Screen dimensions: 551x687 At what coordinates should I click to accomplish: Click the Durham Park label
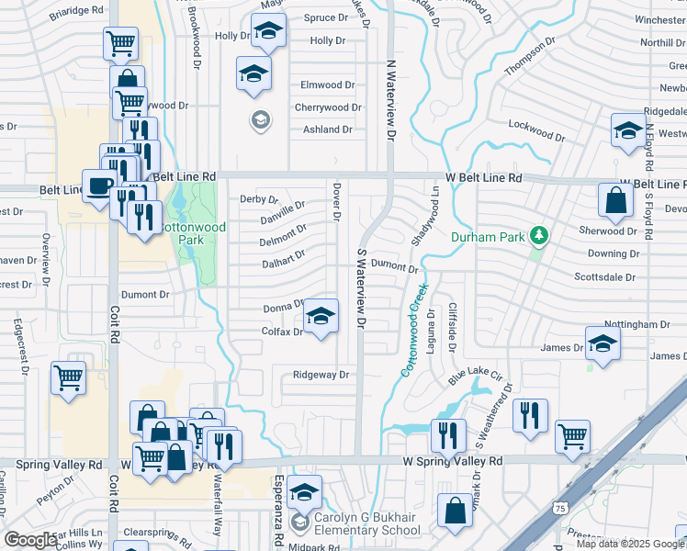(x=487, y=237)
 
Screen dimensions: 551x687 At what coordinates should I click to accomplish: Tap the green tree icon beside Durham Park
(x=539, y=237)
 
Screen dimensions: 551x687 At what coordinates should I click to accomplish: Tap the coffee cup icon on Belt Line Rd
(x=100, y=186)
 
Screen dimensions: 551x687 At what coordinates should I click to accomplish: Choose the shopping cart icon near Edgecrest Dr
(x=69, y=377)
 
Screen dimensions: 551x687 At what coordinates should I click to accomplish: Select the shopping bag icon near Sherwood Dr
(x=614, y=199)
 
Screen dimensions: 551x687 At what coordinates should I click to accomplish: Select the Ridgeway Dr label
(x=321, y=375)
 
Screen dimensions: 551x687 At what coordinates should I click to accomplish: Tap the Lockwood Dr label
(x=535, y=129)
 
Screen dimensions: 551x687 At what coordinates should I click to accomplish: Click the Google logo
(x=31, y=541)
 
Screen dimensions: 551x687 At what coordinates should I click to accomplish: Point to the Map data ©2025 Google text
(x=630, y=544)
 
